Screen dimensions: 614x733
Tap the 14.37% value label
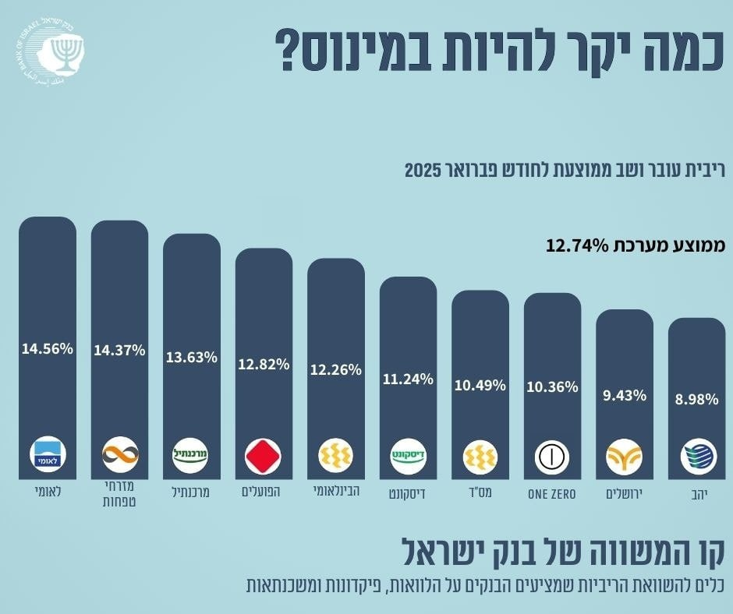tap(119, 351)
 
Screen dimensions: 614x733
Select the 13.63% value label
tap(192, 358)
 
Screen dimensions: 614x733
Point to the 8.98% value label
tap(696, 400)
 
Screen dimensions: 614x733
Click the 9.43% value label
tap(625, 395)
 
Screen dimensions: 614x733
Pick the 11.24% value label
tap(408, 379)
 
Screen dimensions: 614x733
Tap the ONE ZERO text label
tap(552, 495)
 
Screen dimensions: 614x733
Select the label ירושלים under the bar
tap(625, 495)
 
